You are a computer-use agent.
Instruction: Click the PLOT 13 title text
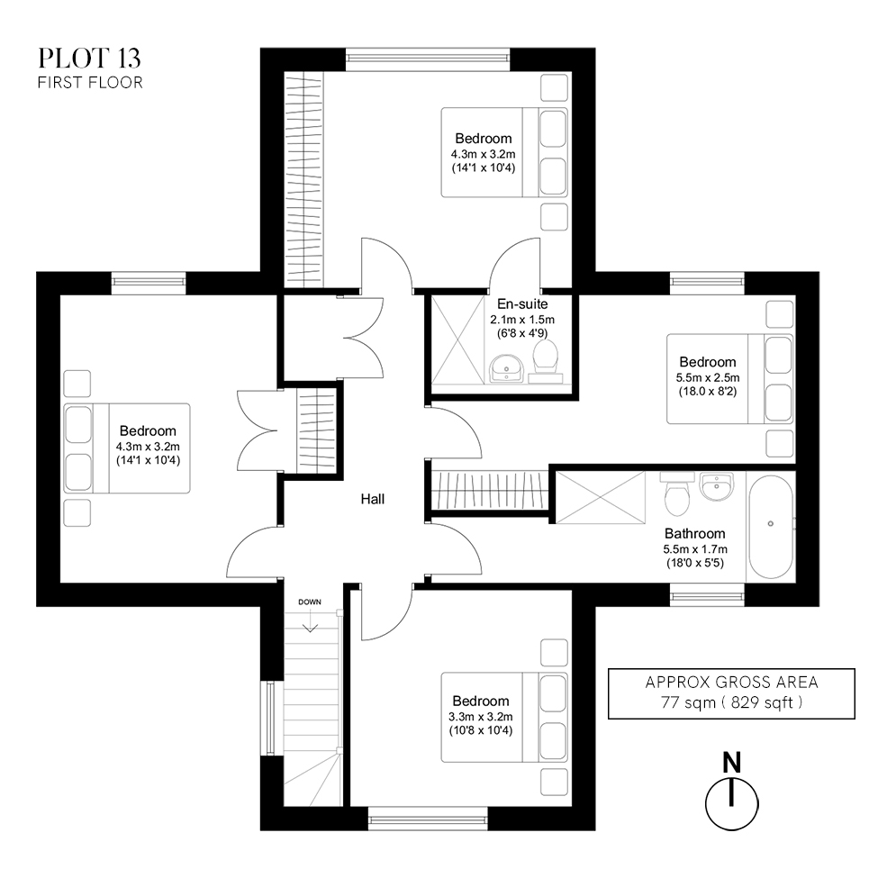(89, 59)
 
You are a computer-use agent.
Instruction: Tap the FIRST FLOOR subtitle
(89, 83)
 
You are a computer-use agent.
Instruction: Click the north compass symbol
(731, 796)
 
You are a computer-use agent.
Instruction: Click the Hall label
(373, 498)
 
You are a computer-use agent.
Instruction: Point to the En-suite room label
(521, 304)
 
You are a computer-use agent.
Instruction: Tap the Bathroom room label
(694, 533)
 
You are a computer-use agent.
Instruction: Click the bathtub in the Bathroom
(770, 527)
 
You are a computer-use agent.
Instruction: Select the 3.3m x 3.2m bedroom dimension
(481, 716)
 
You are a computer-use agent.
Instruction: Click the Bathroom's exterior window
(707, 594)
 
